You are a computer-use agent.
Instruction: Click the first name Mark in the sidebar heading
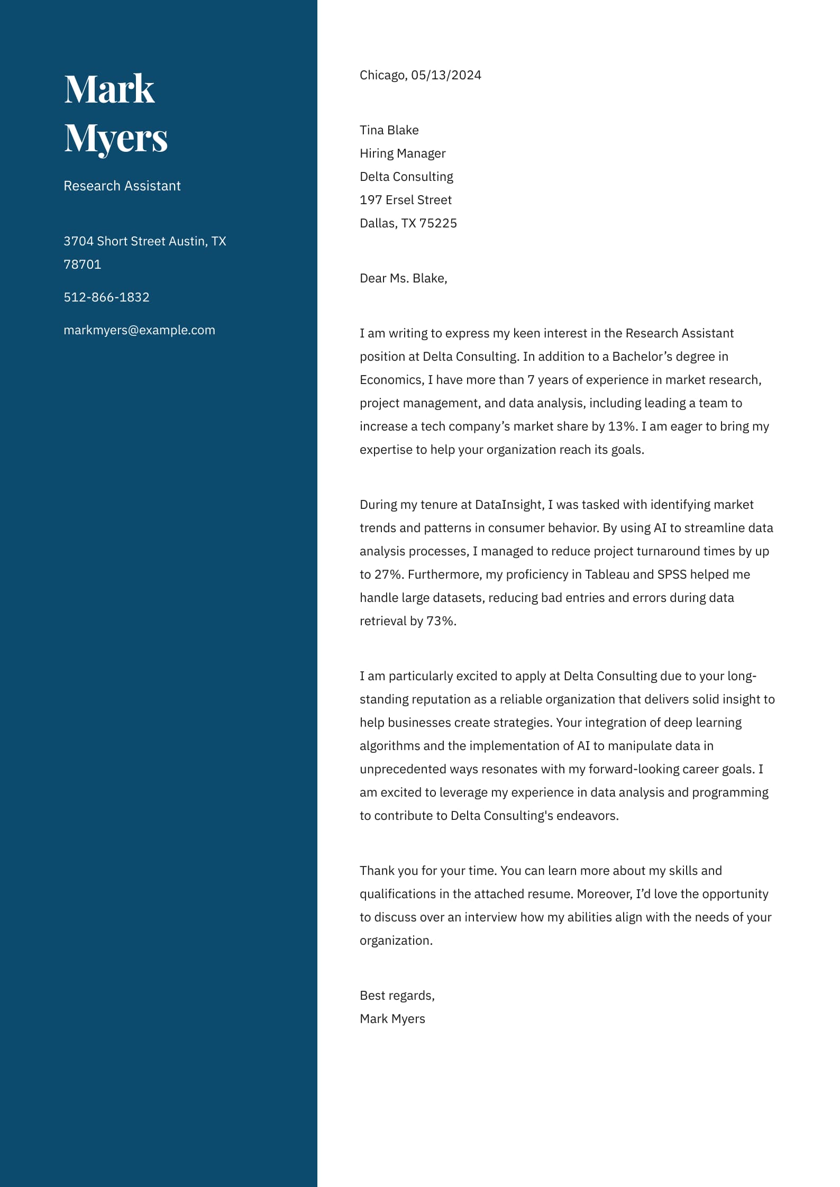[109, 89]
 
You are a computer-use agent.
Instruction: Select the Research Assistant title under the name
[122, 186]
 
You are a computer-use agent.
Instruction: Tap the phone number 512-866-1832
[106, 297]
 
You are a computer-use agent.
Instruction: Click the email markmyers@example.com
[139, 330]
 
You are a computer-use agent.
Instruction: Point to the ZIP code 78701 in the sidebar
[82, 264]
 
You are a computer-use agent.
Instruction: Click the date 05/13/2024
[446, 75]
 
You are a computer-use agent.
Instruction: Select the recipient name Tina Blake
[389, 130]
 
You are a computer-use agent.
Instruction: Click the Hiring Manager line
[403, 153]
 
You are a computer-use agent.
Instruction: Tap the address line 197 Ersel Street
[405, 200]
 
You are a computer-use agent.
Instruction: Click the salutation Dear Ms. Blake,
[403, 278]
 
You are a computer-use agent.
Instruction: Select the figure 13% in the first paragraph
[621, 426]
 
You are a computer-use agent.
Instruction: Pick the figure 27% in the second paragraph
[388, 574]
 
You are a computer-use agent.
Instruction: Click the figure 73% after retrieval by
[441, 621]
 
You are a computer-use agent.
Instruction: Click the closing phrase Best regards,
[397, 996]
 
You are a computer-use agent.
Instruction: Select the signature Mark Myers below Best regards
[392, 1019]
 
